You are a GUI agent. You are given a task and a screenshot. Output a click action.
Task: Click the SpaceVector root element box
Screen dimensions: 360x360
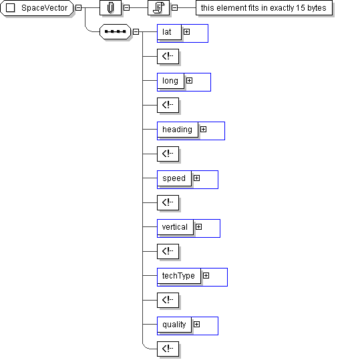point(37,8)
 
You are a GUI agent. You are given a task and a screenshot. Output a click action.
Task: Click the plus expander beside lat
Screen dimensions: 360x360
point(186,31)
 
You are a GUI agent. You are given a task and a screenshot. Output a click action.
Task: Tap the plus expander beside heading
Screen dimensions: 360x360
point(203,130)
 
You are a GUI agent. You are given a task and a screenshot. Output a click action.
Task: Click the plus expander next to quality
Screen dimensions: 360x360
point(196,324)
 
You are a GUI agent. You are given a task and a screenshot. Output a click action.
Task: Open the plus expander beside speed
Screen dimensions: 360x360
point(196,178)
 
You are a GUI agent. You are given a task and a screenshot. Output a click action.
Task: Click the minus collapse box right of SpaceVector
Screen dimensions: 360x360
point(79,7)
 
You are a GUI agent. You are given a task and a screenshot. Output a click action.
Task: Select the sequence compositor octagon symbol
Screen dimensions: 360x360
point(116,31)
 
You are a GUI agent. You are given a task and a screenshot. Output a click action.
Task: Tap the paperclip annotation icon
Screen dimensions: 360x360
point(110,8)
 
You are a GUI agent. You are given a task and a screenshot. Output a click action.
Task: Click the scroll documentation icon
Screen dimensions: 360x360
point(159,8)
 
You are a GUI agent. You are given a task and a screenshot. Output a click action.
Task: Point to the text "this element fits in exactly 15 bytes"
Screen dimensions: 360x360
point(264,8)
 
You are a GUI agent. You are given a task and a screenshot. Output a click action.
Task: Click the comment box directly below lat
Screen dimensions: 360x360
point(168,56)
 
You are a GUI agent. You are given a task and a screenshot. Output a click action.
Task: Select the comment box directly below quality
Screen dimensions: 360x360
point(168,349)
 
